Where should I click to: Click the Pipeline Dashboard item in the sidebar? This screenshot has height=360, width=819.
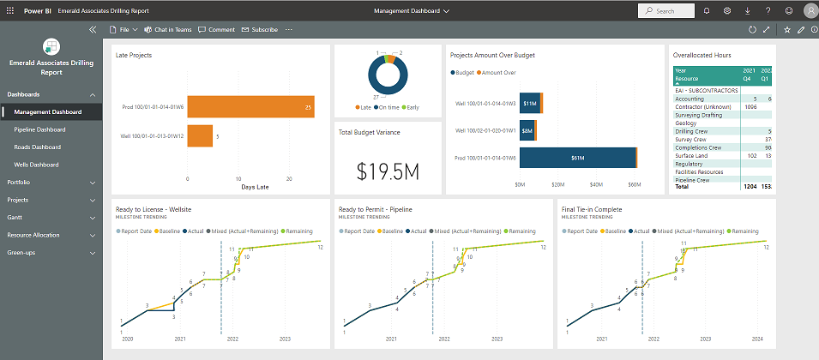tap(39, 129)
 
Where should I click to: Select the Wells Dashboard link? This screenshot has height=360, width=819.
tap(36, 164)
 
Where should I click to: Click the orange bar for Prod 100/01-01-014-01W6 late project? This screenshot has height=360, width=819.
tap(250, 107)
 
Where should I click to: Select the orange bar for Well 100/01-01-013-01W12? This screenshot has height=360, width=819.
tap(200, 136)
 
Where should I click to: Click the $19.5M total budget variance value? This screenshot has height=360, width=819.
tap(388, 171)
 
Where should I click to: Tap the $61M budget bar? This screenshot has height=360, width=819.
tap(577, 158)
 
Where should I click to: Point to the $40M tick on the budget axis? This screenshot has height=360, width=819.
tap(597, 184)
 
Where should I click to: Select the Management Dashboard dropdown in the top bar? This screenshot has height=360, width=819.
tap(412, 10)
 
